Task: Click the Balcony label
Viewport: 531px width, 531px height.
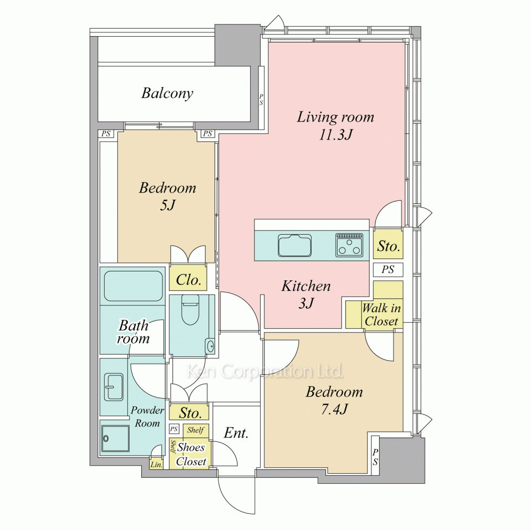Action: tap(167, 93)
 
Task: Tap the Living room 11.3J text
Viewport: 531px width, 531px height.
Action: tap(336, 126)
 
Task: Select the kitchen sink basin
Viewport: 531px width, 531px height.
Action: tap(295, 245)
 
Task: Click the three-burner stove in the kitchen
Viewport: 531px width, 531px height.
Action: tap(349, 244)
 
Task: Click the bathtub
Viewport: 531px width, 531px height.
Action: tap(133, 286)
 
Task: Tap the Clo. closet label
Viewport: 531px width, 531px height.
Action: tap(189, 280)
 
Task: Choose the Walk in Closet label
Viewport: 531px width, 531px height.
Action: tap(381, 314)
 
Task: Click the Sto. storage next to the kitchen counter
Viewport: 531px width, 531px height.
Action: tap(389, 246)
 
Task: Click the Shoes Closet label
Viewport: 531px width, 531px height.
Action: tap(191, 454)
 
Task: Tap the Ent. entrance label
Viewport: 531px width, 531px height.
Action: tap(236, 433)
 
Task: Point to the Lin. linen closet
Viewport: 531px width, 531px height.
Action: tap(157, 465)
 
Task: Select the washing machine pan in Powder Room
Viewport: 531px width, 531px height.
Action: tap(115, 439)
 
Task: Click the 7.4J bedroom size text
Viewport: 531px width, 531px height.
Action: tap(334, 410)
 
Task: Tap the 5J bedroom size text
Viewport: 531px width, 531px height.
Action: tap(167, 205)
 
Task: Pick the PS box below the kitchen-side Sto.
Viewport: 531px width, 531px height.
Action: tap(388, 270)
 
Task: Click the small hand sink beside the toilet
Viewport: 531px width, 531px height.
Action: tap(210, 346)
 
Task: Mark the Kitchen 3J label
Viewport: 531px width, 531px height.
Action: tap(306, 295)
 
